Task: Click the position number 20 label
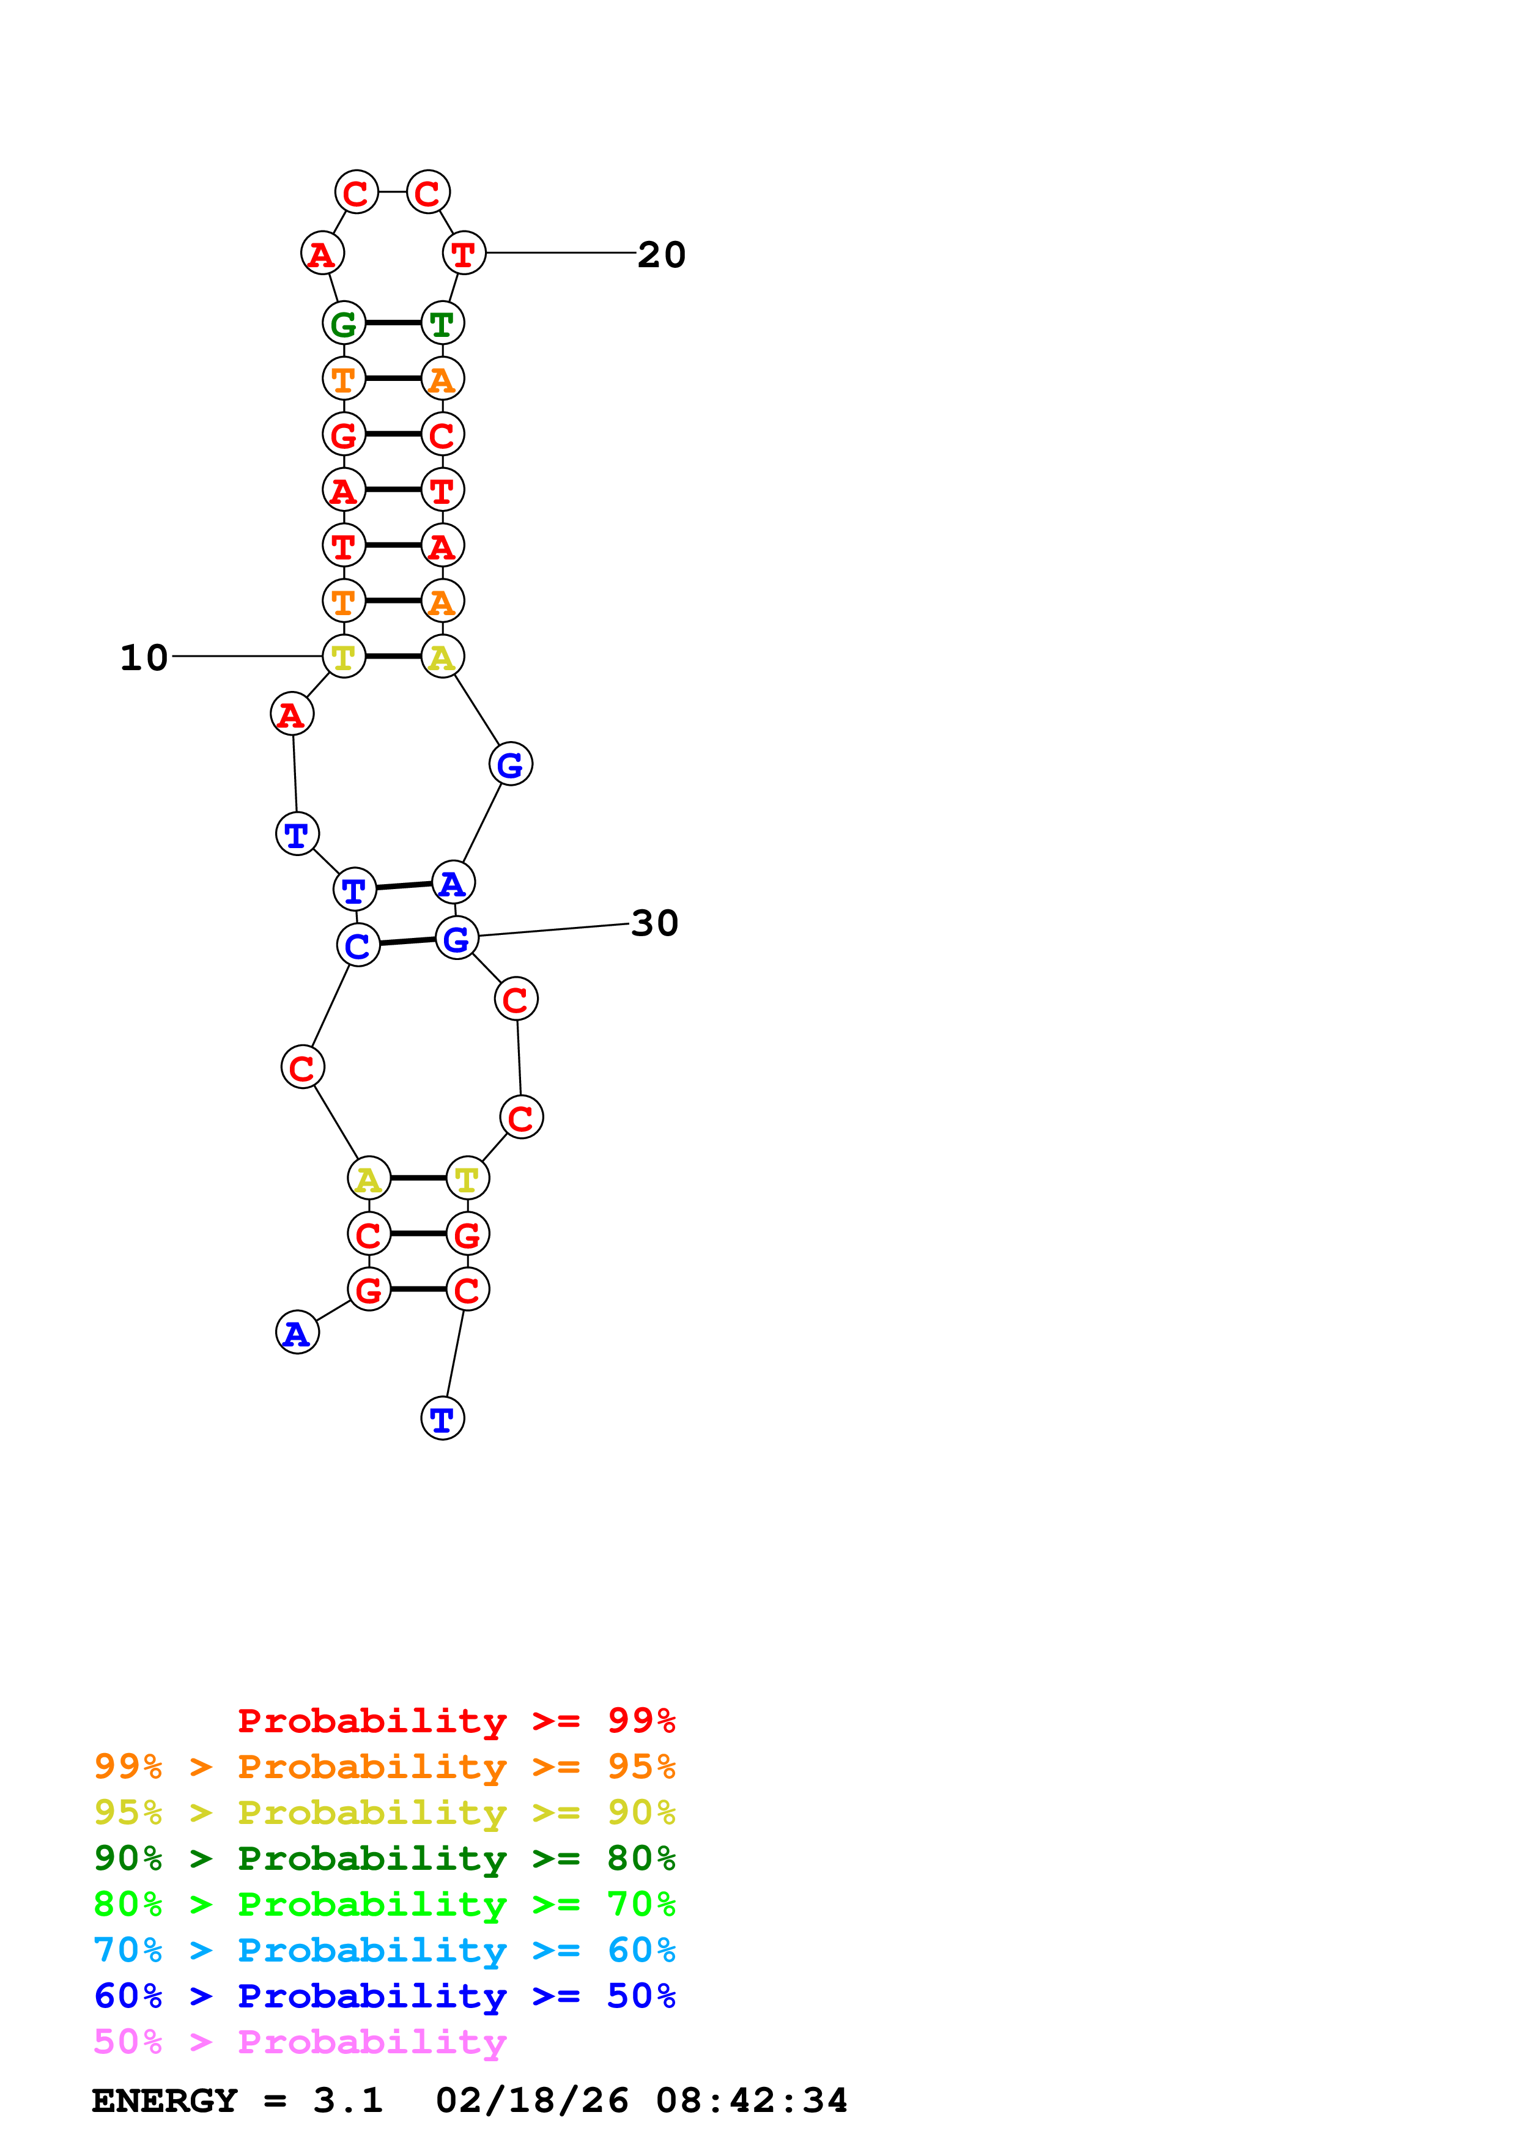(660, 254)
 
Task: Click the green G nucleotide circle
(344, 323)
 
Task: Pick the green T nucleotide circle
(443, 323)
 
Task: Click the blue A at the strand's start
(297, 1332)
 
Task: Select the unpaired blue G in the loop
(510, 764)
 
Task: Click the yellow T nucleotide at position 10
(344, 657)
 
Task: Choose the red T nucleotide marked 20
(464, 253)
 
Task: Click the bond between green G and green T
(393, 323)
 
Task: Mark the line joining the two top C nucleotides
(393, 193)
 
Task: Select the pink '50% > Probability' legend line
(300, 2042)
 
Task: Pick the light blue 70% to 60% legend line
(384, 1951)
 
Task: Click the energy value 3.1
(347, 2101)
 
